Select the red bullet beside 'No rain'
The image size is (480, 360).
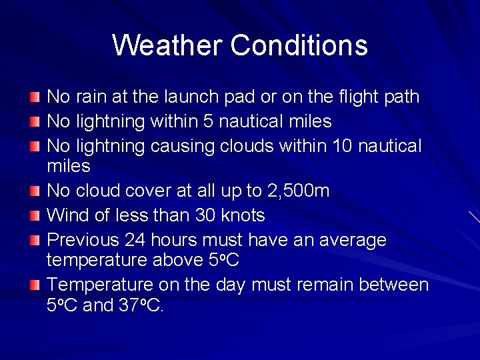pyautogui.click(x=35, y=97)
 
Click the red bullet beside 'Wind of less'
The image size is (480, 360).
pyautogui.click(x=35, y=216)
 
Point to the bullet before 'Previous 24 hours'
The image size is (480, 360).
pyautogui.click(x=35, y=240)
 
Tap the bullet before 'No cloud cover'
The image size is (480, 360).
pyautogui.click(x=35, y=192)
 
